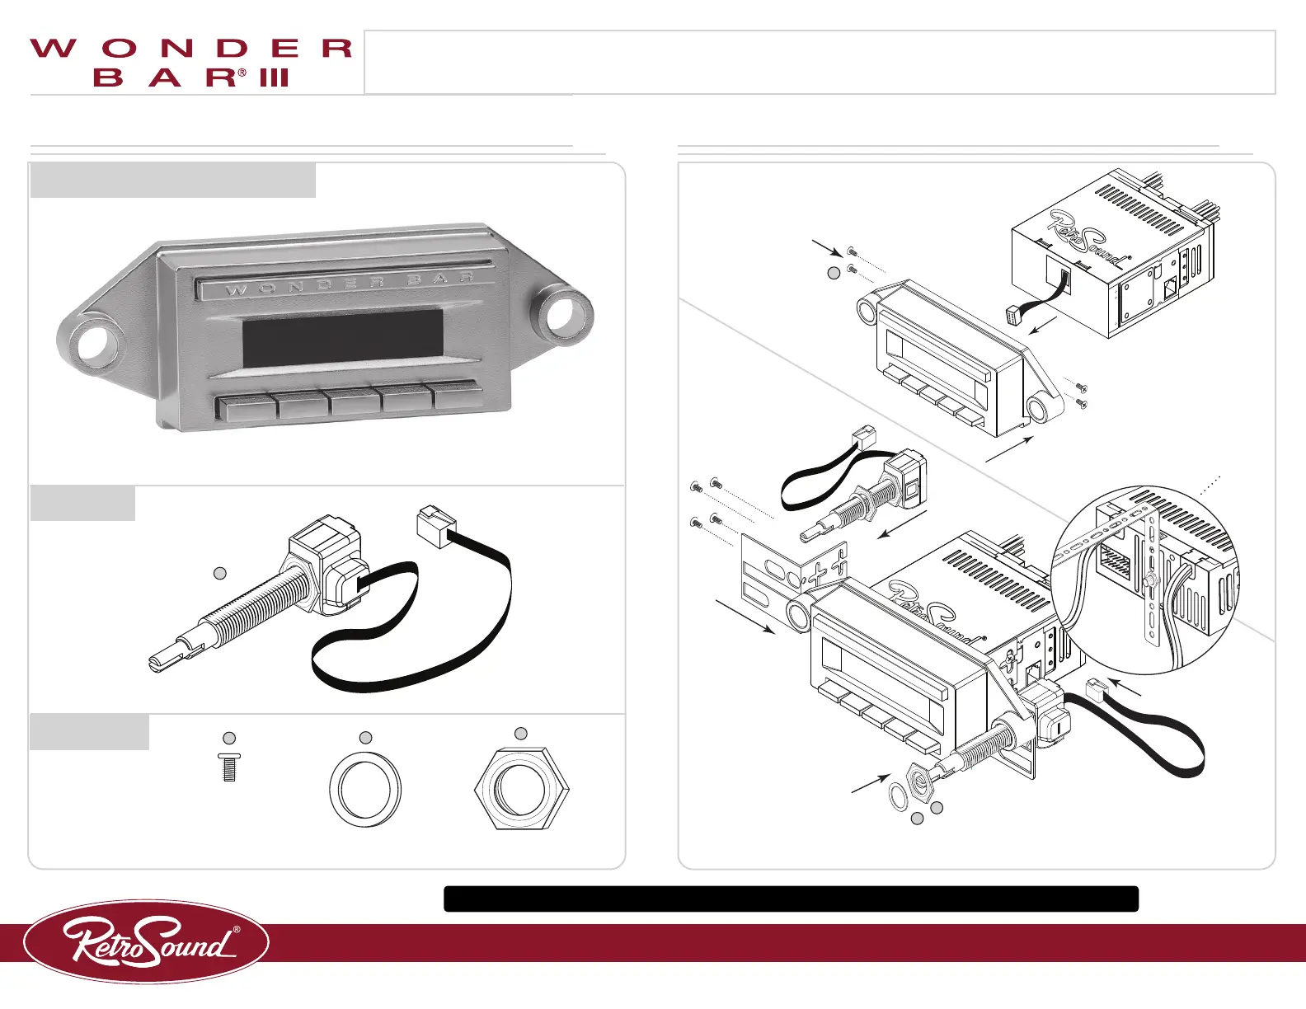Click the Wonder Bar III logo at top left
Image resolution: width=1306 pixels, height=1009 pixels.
[x=191, y=62]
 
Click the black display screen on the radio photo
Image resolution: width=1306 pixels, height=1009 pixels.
[x=342, y=338]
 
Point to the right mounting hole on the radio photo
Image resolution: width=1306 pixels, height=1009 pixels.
[x=566, y=312]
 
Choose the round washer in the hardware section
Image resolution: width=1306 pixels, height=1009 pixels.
[x=365, y=789]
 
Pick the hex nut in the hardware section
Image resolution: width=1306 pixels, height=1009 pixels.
[x=522, y=789]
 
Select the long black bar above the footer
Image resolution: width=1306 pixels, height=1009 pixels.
[x=791, y=899]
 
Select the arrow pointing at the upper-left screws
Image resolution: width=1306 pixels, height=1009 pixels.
[x=826, y=246]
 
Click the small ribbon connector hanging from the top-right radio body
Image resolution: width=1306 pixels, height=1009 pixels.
[x=1016, y=315]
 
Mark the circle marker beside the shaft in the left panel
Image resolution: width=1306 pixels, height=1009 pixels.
[x=220, y=573]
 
